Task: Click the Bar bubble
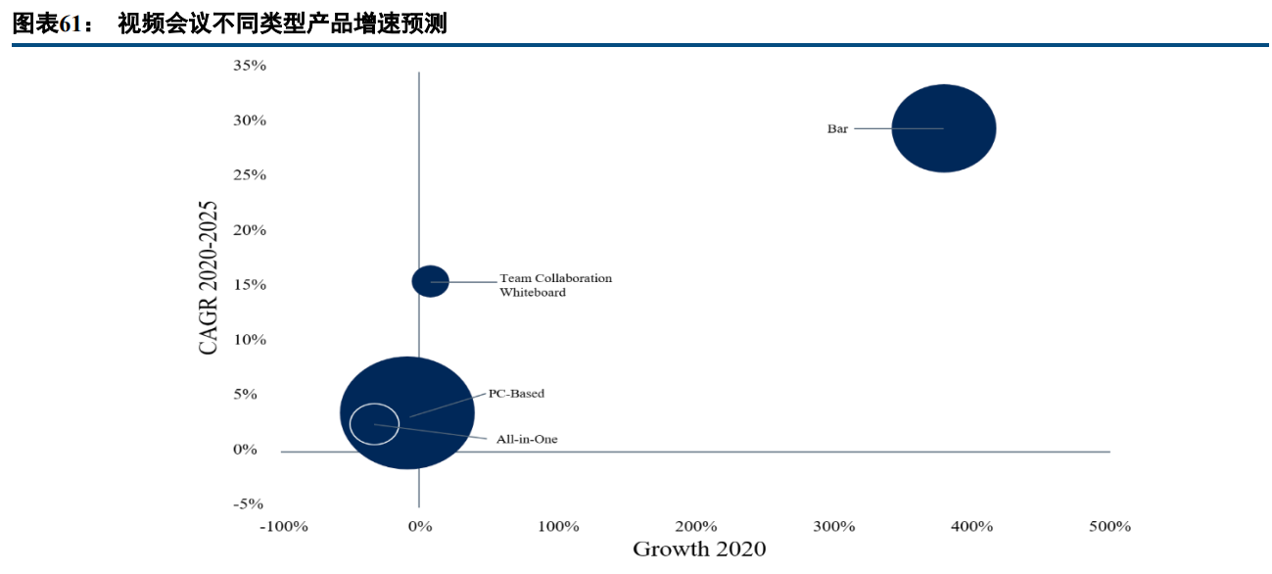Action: coord(944,128)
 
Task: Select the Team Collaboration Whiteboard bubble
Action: coord(430,281)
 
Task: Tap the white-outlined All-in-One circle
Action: coord(374,424)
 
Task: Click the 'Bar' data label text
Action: coord(837,128)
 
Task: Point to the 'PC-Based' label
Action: coord(516,394)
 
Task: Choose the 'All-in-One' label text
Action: coord(527,440)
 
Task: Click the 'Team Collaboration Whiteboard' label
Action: coord(555,285)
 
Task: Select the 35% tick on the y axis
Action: coord(249,66)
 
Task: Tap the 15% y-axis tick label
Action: coord(249,285)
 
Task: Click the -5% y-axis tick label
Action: coord(249,503)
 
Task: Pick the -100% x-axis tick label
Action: coord(283,527)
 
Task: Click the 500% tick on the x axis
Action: coord(1110,527)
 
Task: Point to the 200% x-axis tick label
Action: coord(696,527)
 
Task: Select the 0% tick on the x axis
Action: coord(420,527)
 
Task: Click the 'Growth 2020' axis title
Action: coord(699,549)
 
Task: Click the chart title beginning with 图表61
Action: coord(229,24)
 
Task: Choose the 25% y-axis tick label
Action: coord(249,175)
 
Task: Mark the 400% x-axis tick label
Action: coord(972,527)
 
